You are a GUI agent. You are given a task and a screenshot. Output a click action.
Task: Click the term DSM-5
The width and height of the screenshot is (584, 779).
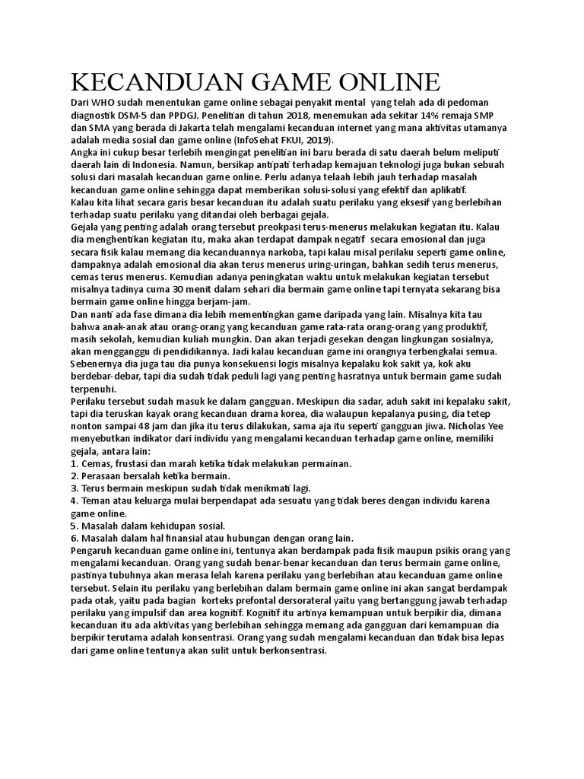click(137, 116)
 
